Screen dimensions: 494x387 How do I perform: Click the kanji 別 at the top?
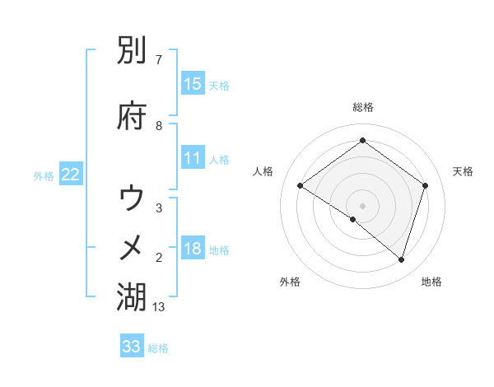point(132,54)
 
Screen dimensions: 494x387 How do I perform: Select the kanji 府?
point(132,116)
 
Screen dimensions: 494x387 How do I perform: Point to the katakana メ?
point(132,246)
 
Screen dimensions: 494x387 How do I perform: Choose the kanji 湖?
point(132,297)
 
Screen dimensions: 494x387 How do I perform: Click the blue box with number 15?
point(192,84)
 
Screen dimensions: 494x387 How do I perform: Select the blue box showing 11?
point(192,158)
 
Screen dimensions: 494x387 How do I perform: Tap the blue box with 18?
point(192,249)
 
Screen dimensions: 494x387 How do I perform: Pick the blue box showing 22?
point(71,174)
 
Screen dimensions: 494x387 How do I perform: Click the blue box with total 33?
point(132,347)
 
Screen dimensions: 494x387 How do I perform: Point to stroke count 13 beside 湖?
point(160,307)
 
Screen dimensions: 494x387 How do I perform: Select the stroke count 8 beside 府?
point(159,125)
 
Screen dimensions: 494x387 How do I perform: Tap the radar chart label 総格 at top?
point(362,107)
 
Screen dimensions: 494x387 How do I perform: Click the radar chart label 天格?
point(463,171)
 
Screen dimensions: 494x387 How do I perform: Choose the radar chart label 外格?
point(290,282)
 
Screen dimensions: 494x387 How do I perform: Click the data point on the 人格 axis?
point(300,186)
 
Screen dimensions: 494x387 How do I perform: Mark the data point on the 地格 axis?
point(401,259)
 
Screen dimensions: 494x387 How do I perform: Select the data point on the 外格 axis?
point(353,219)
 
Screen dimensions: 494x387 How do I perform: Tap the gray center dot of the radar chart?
point(362,205)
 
